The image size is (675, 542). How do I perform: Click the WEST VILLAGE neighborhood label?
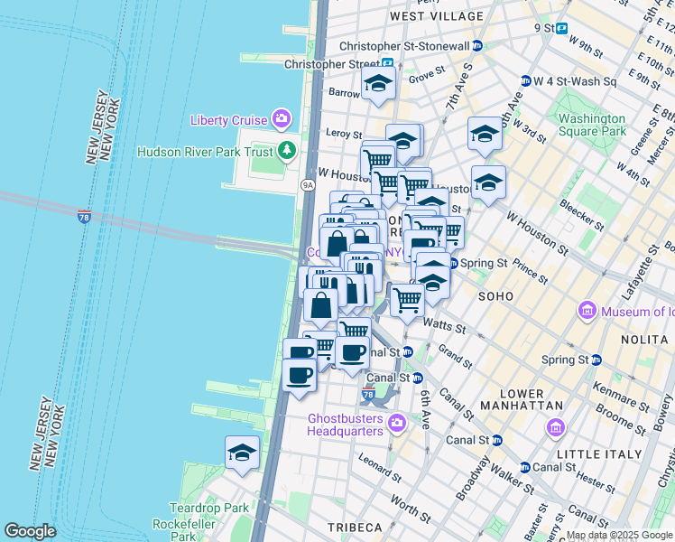(437, 16)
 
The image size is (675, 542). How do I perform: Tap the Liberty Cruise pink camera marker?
(282, 119)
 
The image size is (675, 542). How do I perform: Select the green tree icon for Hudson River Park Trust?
(287, 150)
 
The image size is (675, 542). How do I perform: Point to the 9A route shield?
(307, 184)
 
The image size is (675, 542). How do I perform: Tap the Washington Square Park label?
(591, 125)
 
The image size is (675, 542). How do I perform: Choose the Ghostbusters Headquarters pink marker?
(396, 423)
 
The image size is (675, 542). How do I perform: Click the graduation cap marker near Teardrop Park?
(242, 453)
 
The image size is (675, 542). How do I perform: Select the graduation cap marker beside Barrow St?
(378, 85)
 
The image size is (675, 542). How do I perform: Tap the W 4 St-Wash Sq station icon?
(524, 81)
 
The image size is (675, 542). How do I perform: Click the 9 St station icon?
(561, 28)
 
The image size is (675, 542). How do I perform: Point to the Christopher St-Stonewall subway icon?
(476, 46)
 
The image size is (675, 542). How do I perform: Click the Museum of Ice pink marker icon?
(587, 312)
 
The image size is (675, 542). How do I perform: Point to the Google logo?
(30, 530)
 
